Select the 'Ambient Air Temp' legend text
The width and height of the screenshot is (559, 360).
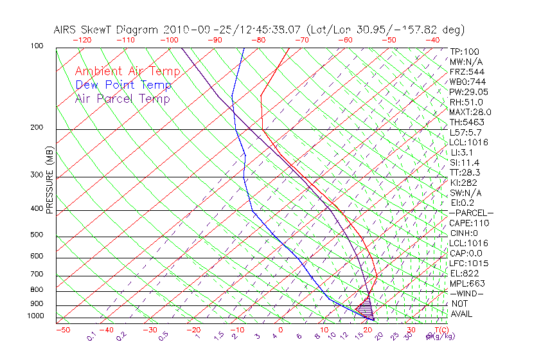point(127,71)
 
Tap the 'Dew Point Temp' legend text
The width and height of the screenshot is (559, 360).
point(123,85)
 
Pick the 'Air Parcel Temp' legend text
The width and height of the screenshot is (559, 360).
point(122,98)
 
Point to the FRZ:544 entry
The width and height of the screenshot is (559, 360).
point(466,72)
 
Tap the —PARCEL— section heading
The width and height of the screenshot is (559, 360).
point(471,213)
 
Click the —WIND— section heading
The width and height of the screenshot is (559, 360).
point(467,293)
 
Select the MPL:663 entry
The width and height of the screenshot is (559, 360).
point(466,283)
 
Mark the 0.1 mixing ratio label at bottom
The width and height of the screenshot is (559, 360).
point(92,336)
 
